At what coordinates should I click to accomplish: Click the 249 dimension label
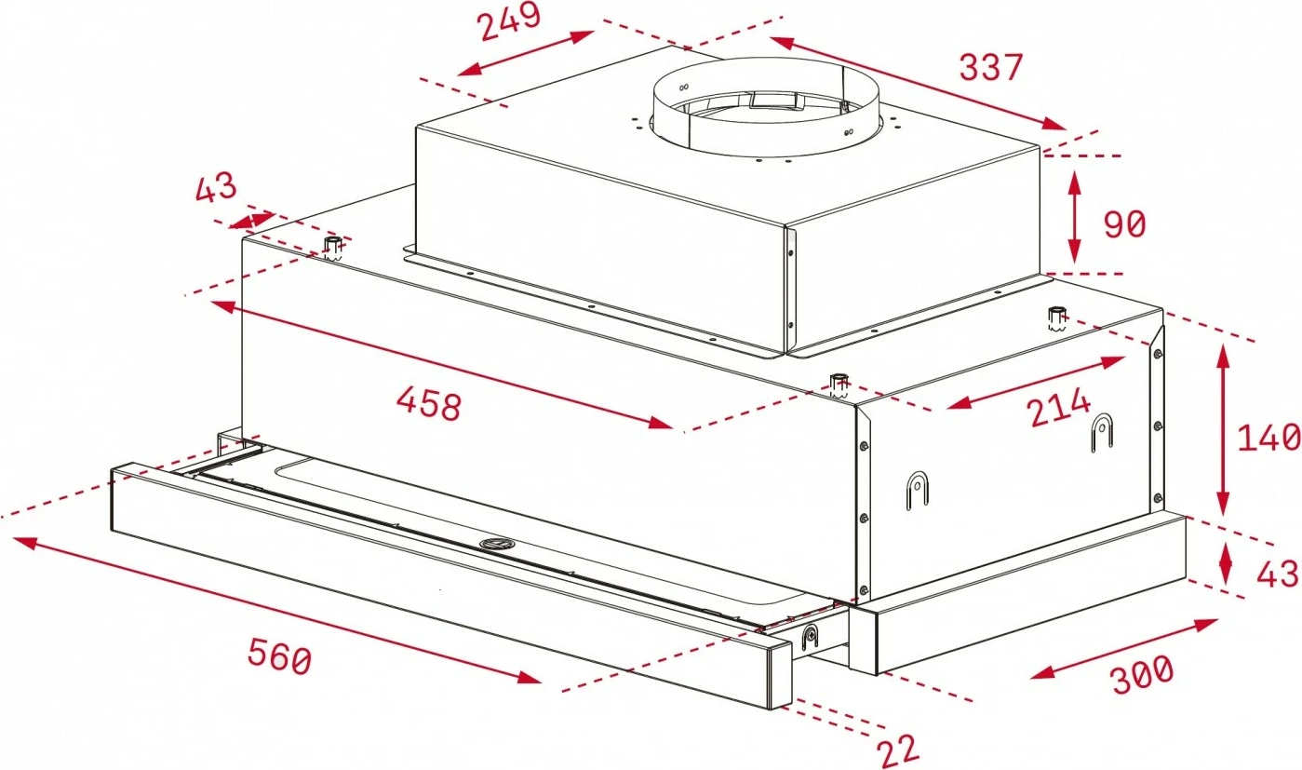(x=510, y=23)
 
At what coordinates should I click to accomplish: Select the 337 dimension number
(x=991, y=67)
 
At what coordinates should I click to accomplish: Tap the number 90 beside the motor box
(x=1124, y=224)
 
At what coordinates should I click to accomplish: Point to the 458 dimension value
(x=428, y=404)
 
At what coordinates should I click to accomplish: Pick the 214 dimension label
(x=1059, y=409)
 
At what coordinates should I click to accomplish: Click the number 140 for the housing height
(x=1268, y=437)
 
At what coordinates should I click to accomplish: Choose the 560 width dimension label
(x=278, y=658)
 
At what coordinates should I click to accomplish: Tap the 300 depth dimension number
(x=1142, y=672)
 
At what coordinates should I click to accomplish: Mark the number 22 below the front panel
(x=897, y=750)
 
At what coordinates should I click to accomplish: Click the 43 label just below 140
(x=1277, y=574)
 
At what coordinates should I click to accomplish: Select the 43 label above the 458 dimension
(x=216, y=189)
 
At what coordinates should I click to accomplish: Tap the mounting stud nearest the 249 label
(x=332, y=247)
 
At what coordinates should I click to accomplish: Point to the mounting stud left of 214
(x=839, y=383)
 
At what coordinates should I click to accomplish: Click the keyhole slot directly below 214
(x=1102, y=431)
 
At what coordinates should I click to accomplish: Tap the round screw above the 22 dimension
(x=810, y=637)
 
